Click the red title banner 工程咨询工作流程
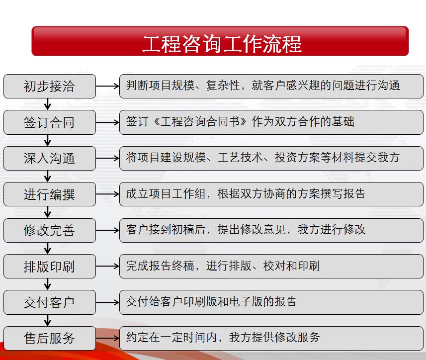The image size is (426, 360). click(x=220, y=41)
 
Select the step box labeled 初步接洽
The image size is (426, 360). click(x=49, y=86)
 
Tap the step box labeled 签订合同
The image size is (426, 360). click(x=49, y=122)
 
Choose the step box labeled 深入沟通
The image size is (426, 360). click(x=49, y=159)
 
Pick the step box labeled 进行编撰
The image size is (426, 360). click(x=49, y=194)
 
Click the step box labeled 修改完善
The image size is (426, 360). click(x=49, y=230)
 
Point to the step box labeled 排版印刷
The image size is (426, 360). click(x=49, y=266)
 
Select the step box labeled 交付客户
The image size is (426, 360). click(x=49, y=302)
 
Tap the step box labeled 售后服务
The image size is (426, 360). click(x=49, y=338)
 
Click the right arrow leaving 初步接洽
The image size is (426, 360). click(x=107, y=86)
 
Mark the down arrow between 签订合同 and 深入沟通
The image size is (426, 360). click(x=48, y=140)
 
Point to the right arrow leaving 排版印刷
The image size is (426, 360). click(x=107, y=266)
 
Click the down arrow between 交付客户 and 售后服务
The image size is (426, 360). click(x=48, y=320)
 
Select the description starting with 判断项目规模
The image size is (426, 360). click(x=263, y=86)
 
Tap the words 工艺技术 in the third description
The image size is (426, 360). click(x=240, y=158)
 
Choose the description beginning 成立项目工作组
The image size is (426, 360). click(x=246, y=194)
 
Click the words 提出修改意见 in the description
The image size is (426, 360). click(x=252, y=230)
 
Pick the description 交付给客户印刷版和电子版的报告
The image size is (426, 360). click(x=211, y=302)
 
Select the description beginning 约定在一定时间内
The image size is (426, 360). click(x=223, y=338)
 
